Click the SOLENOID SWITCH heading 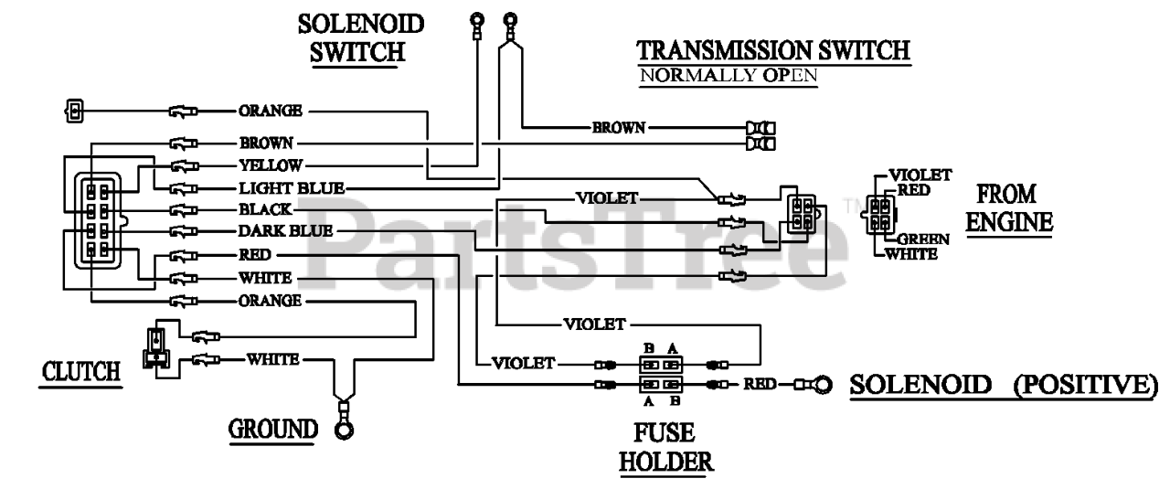[x=360, y=38]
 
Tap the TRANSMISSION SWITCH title [x=773, y=50]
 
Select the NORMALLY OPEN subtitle [x=729, y=76]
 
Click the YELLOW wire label [x=271, y=165]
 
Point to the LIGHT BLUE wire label [x=292, y=188]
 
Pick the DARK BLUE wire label [x=285, y=231]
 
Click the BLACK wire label [x=265, y=209]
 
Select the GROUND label [x=273, y=430]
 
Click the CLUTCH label [x=81, y=372]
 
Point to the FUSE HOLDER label [x=666, y=448]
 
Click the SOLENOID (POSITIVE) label [x=1004, y=385]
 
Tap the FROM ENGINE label [x=1009, y=208]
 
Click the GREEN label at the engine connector [x=923, y=239]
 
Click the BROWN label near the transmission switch [x=619, y=127]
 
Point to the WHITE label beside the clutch [x=272, y=359]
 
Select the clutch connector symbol [x=156, y=347]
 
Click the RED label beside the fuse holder [x=760, y=384]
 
